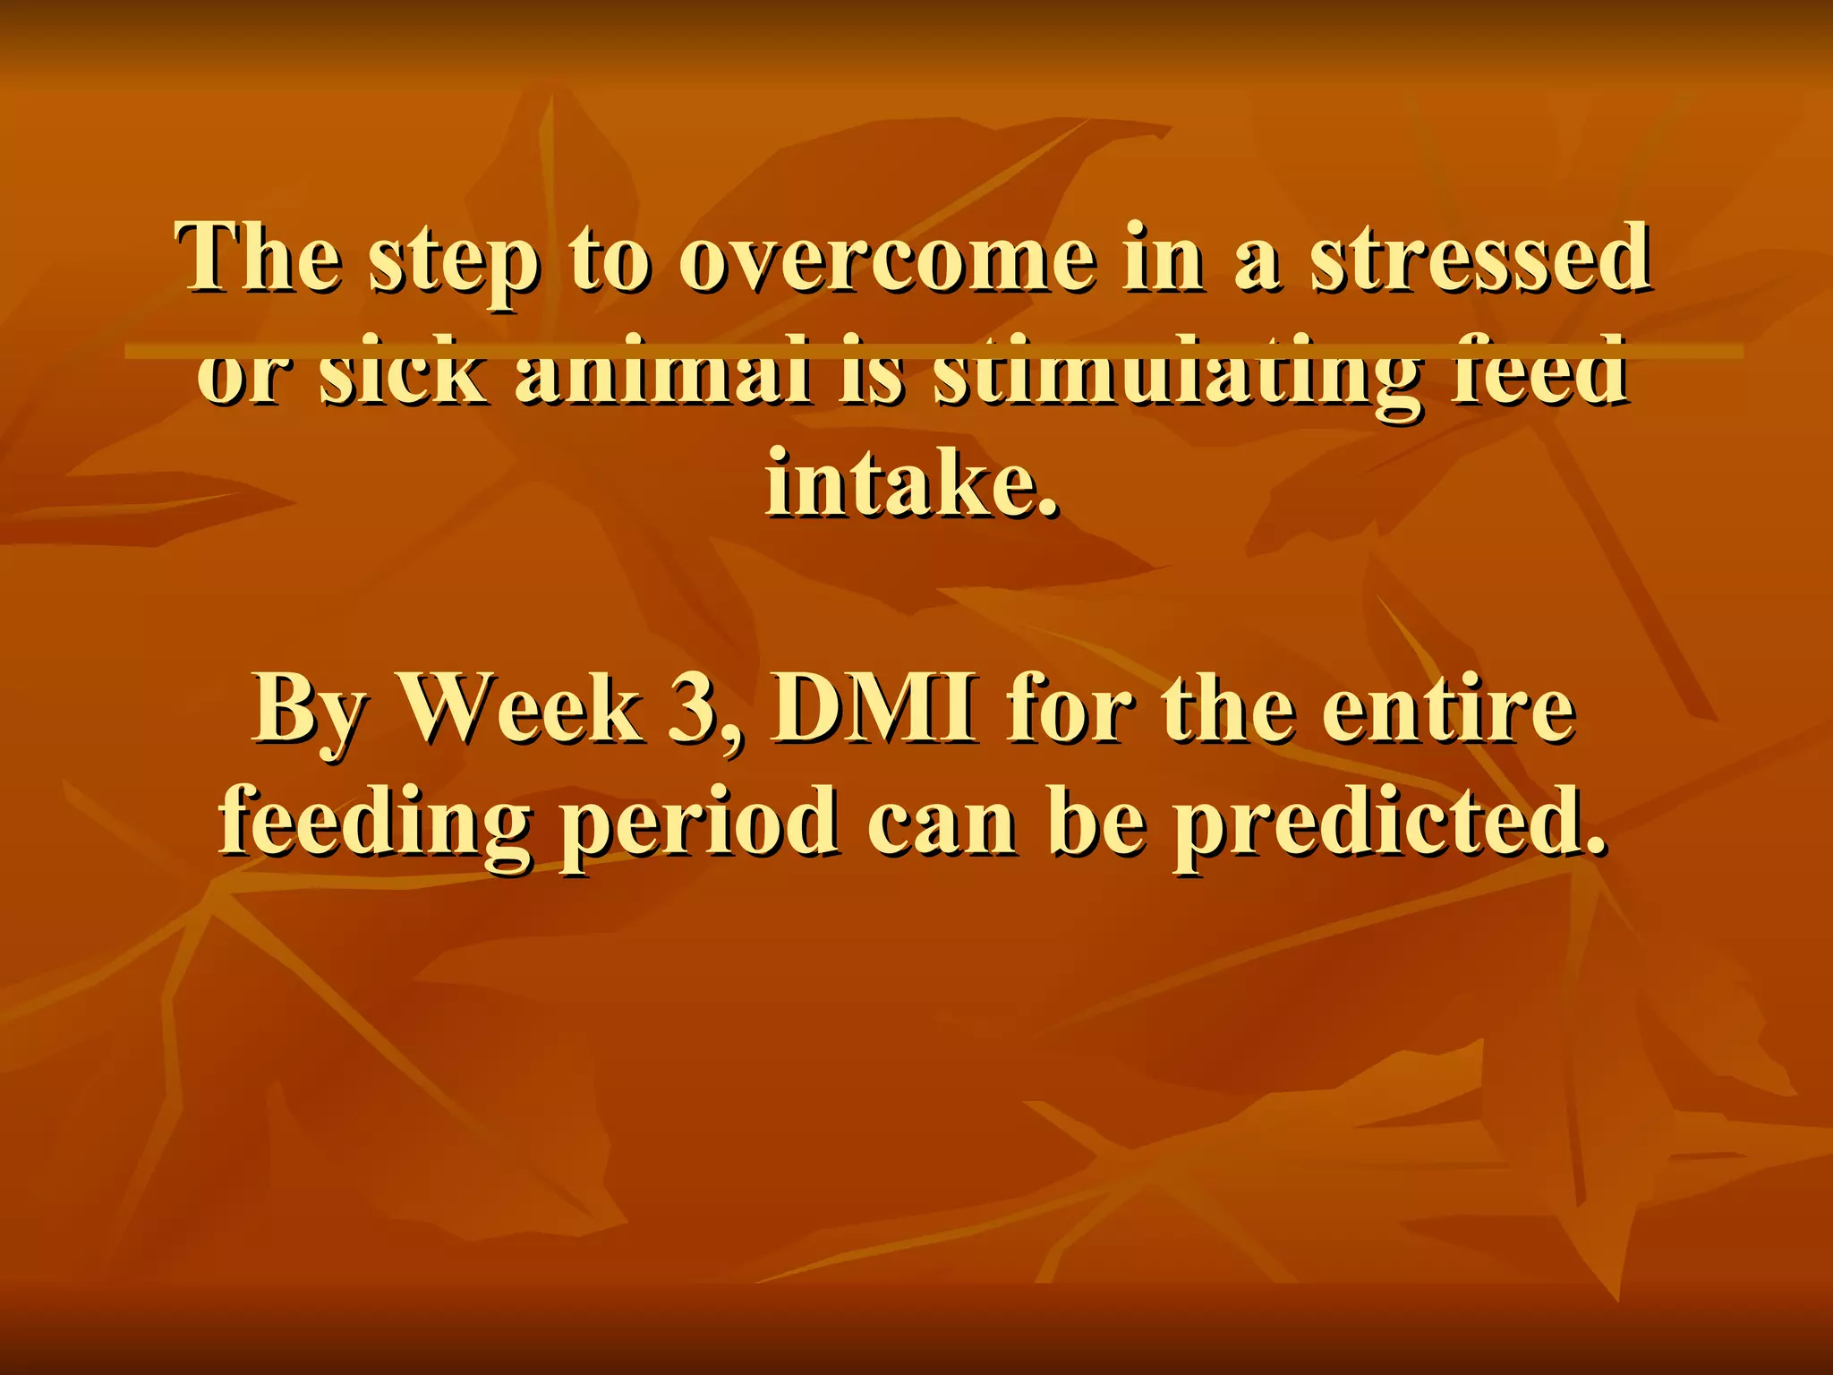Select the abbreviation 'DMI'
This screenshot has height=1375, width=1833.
click(x=874, y=711)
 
